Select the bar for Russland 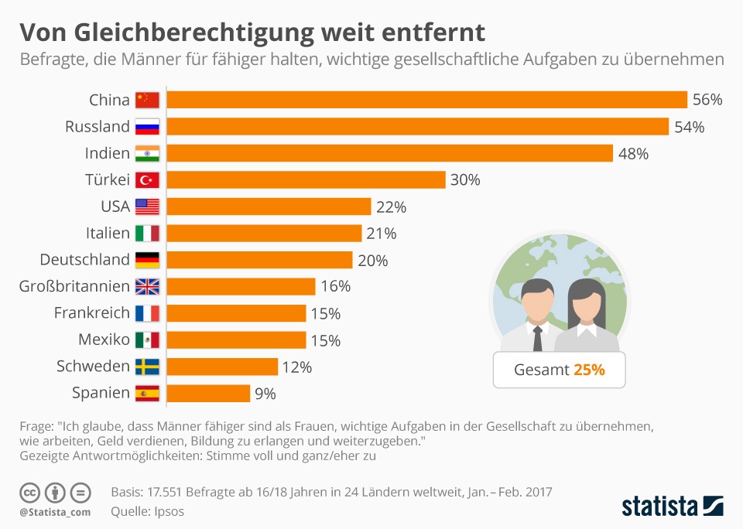(x=418, y=127)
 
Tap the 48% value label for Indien (x=632, y=153)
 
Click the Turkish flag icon (x=147, y=180)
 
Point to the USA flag (x=147, y=206)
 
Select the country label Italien (x=108, y=233)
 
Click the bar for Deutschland (x=260, y=260)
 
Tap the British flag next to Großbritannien (x=147, y=287)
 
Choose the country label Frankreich (x=91, y=313)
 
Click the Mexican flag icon (x=147, y=340)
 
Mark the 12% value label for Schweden (x=296, y=367)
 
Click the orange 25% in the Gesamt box (x=589, y=370)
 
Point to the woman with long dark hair (x=585, y=313)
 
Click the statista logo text (x=660, y=507)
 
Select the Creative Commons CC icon (x=29, y=493)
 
